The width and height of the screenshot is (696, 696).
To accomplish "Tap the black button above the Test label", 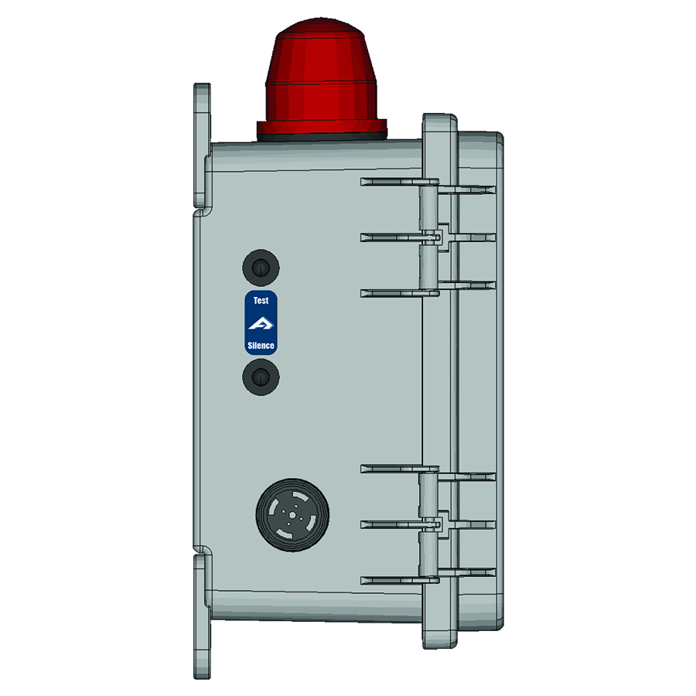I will click(x=261, y=268).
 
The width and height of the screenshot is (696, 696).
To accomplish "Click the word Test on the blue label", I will click(x=261, y=301).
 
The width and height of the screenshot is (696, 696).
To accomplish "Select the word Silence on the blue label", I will click(x=261, y=346).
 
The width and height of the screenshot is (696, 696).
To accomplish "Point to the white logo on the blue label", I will click(x=261, y=323).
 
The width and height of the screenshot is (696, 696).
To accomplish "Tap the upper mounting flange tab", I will click(x=201, y=147).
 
